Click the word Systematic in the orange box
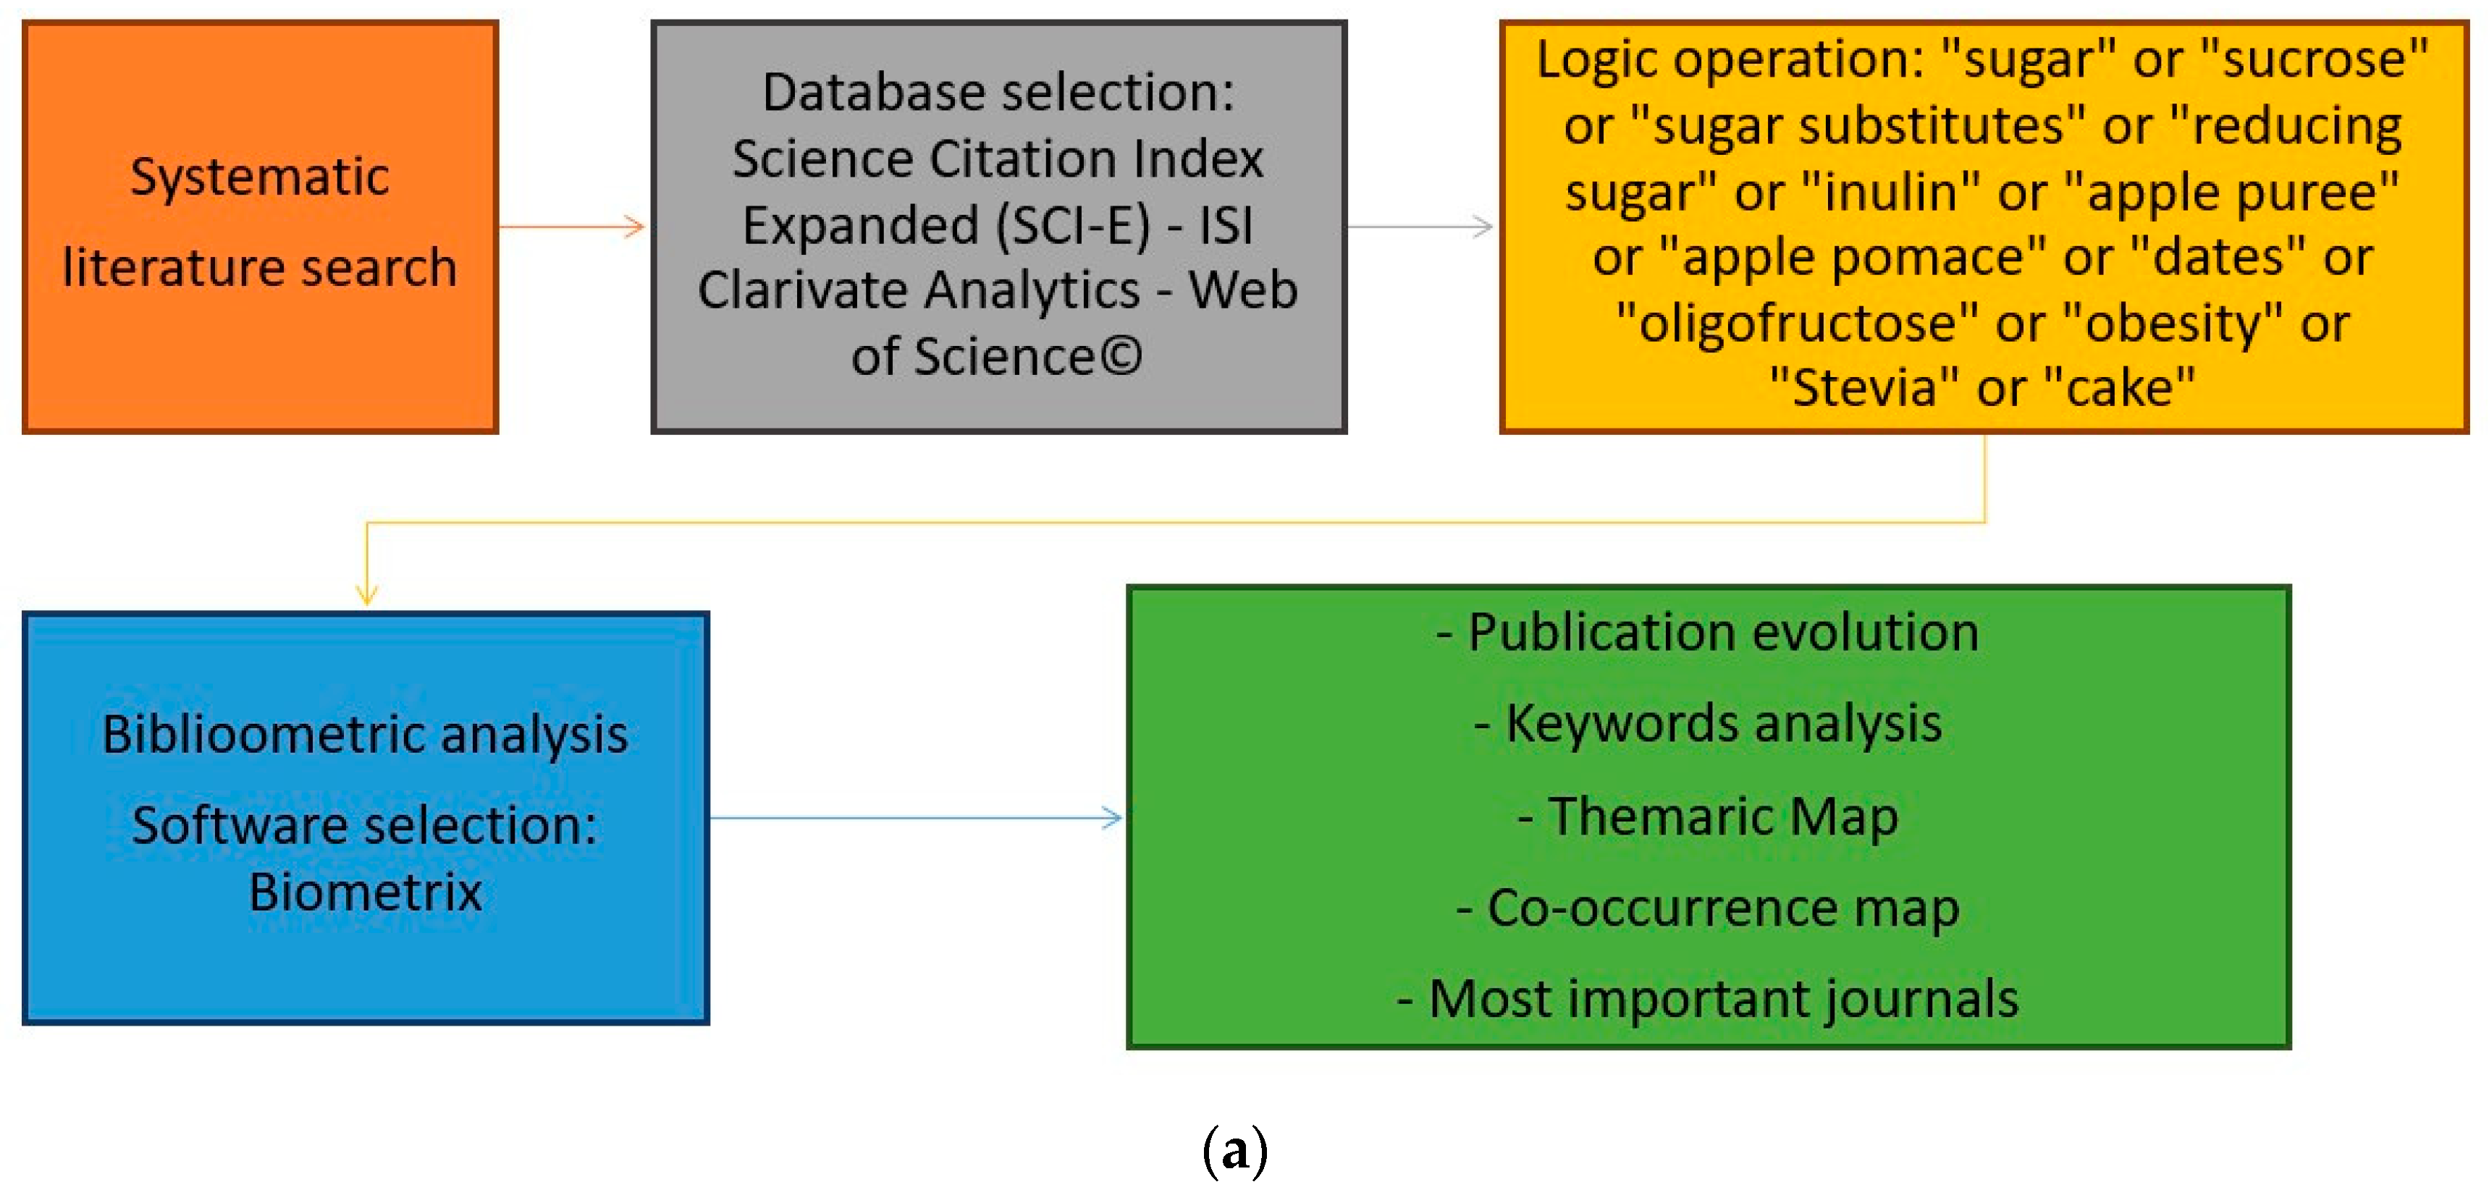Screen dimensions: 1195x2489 click(x=259, y=177)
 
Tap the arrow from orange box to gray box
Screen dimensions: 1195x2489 click(x=572, y=227)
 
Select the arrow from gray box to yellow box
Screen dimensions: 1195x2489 click(x=1420, y=227)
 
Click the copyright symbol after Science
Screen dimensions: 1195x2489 click(x=1121, y=355)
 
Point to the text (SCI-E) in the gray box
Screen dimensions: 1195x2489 click(x=1072, y=225)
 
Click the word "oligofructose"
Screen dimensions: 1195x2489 click(x=1796, y=323)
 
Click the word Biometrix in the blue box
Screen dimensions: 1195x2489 click(x=365, y=891)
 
